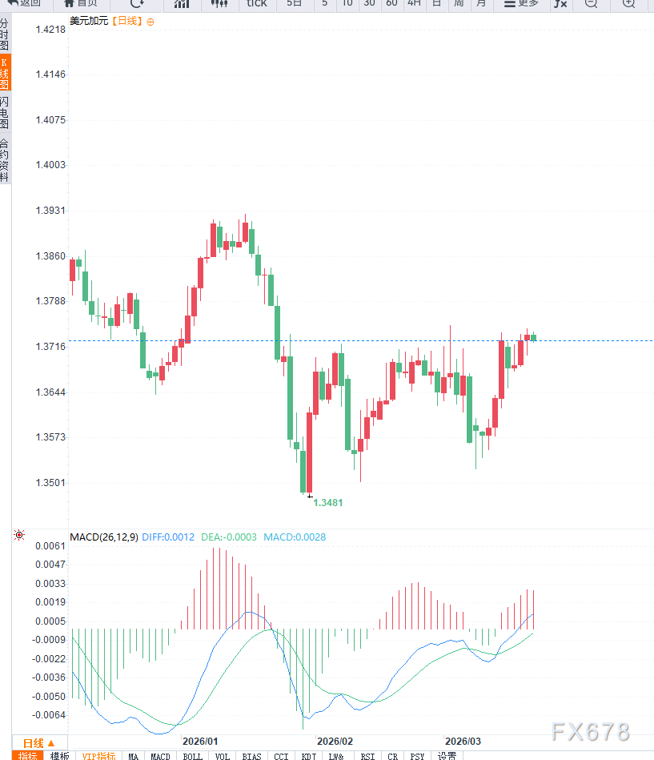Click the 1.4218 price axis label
[x=50, y=29]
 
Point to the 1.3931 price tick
[x=50, y=211]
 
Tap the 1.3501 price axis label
[x=50, y=483]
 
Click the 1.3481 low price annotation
[x=328, y=503]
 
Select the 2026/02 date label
[x=335, y=741]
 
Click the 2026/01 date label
[x=200, y=741]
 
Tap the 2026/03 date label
[x=463, y=741]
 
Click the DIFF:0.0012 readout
[x=168, y=537]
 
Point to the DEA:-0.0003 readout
[x=229, y=537]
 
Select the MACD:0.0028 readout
[x=295, y=537]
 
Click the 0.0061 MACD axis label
[x=50, y=545]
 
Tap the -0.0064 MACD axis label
[x=49, y=714]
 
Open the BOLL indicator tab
[x=193, y=756]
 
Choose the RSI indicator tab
[x=367, y=756]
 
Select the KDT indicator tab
[x=309, y=756]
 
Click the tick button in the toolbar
[x=257, y=4]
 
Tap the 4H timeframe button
[x=414, y=4]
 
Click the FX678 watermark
[x=590, y=731]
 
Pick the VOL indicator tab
[x=223, y=756]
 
